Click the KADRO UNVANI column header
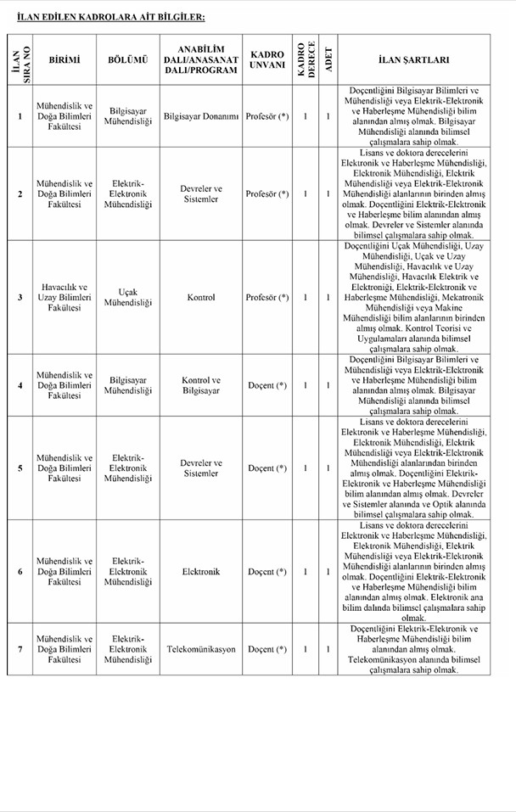(267, 60)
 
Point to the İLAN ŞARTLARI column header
(414, 60)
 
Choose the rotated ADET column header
(328, 60)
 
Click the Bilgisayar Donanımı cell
(200, 116)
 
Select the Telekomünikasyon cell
(200, 649)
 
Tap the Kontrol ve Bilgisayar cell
(200, 385)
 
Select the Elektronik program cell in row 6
(200, 572)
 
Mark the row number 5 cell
(20, 468)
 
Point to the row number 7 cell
(20, 649)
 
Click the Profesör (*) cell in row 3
(267, 298)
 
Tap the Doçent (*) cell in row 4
(267, 385)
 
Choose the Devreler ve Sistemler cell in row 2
(200, 194)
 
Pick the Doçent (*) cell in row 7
(267, 649)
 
